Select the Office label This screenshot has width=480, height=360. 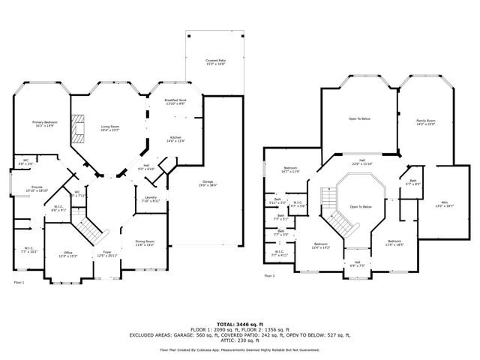[67, 254]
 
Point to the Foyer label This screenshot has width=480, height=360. [107, 254]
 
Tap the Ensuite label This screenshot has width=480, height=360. [37, 188]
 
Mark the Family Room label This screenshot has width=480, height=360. [425, 122]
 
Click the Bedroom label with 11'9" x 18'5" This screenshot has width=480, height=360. [394, 243]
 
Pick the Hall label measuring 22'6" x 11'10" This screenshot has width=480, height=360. [361, 161]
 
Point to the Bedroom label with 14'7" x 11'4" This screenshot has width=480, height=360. [291, 169]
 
